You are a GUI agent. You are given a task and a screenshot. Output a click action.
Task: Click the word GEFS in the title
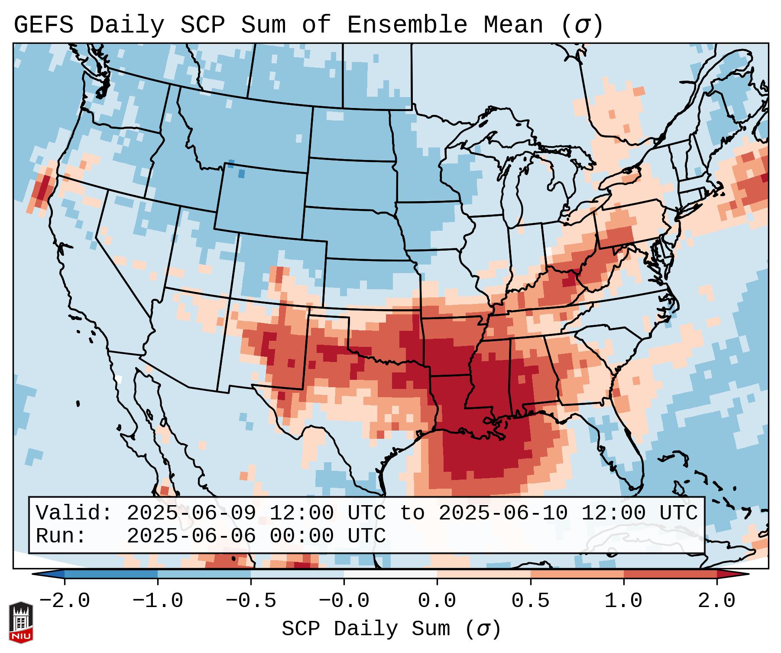[43, 25]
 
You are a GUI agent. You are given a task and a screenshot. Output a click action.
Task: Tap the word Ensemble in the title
[407, 25]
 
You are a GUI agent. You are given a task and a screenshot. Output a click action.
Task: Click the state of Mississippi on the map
[490, 373]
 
